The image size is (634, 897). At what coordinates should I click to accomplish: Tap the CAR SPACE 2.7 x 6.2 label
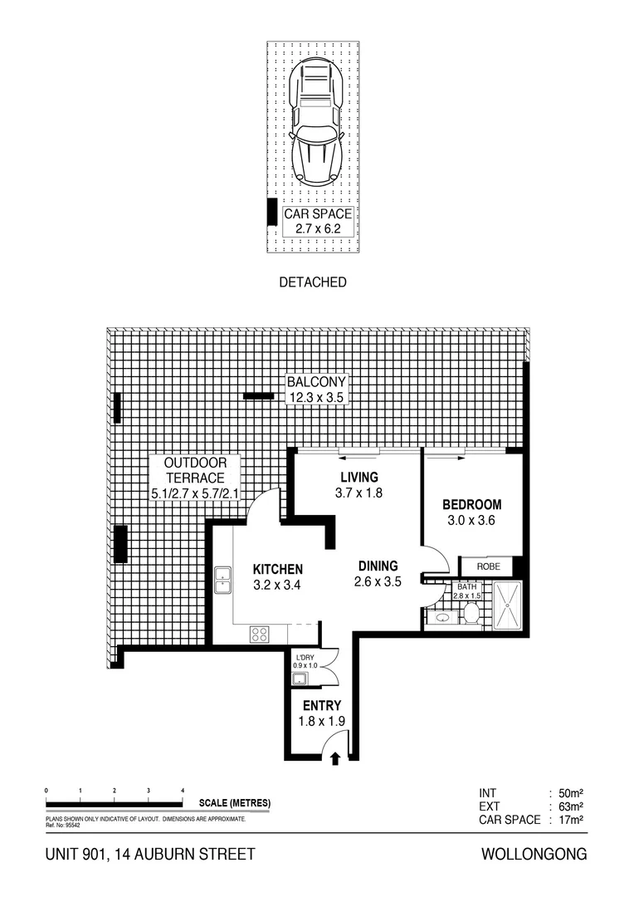point(318,220)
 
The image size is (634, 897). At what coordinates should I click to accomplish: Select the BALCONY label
point(315,390)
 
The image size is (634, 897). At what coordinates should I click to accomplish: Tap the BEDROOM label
point(471,512)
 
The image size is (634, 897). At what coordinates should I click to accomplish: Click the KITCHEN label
point(277,576)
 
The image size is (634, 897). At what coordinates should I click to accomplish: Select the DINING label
point(378,574)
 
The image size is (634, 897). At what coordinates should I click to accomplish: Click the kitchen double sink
point(222,580)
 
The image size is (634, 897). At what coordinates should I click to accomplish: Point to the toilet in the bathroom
point(471,614)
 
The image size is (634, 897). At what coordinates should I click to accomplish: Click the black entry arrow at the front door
point(335,757)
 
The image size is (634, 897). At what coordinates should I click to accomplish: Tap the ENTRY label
point(321,713)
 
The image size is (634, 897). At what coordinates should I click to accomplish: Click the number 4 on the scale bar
point(182,790)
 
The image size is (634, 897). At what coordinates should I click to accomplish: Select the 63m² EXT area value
point(572,806)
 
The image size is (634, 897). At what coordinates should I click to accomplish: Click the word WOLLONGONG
point(534,854)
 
